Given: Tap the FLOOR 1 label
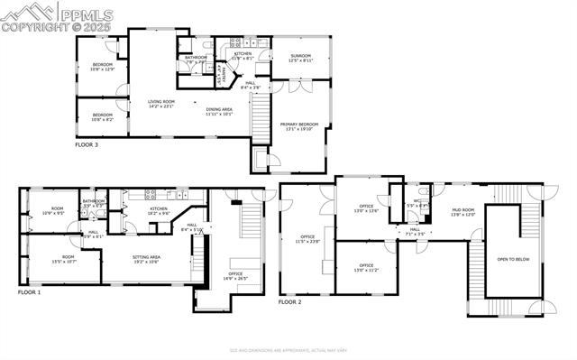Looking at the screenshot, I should (31, 292).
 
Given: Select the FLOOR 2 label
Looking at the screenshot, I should (289, 302).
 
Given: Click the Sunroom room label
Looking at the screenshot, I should (301, 58).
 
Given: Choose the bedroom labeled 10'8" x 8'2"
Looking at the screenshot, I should (103, 116).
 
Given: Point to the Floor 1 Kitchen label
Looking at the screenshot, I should (159, 210).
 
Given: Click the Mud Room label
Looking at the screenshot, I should (463, 212).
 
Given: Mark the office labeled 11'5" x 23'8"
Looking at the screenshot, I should (307, 239).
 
